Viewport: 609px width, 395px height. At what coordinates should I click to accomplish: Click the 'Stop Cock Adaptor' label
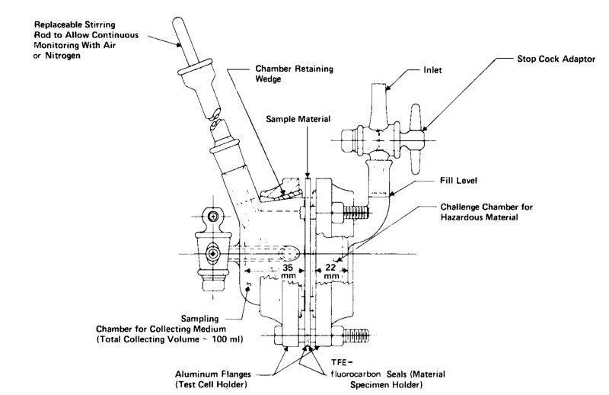click(x=556, y=59)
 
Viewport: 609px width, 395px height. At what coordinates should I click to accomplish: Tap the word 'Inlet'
click(x=432, y=70)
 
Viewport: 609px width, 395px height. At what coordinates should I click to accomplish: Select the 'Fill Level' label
click(x=458, y=181)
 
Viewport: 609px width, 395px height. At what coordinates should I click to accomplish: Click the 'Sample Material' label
click(x=298, y=119)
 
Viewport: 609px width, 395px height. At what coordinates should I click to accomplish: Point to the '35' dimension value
click(x=288, y=268)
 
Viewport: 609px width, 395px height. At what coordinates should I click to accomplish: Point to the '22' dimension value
click(x=330, y=268)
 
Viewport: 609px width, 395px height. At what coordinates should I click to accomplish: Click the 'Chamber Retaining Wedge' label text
click(x=294, y=73)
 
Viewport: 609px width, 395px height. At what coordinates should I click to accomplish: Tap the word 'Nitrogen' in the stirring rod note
click(x=63, y=56)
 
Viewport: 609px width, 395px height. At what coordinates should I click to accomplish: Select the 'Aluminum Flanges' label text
click(x=213, y=374)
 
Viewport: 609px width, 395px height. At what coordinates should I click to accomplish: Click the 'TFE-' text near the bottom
click(x=341, y=363)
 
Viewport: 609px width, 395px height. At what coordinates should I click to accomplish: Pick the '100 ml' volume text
click(x=227, y=339)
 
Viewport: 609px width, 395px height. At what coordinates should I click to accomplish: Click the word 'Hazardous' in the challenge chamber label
click(x=459, y=217)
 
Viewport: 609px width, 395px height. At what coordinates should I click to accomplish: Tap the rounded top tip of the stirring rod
click(x=178, y=20)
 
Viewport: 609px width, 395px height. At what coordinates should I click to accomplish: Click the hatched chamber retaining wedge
click(x=282, y=190)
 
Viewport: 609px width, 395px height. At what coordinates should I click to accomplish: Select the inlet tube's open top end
click(x=378, y=85)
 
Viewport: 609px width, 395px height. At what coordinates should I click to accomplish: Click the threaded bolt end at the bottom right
click(x=356, y=335)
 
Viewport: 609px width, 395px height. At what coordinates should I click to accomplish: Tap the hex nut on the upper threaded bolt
click(x=336, y=213)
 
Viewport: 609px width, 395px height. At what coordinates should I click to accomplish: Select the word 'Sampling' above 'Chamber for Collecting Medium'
click(x=199, y=319)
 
